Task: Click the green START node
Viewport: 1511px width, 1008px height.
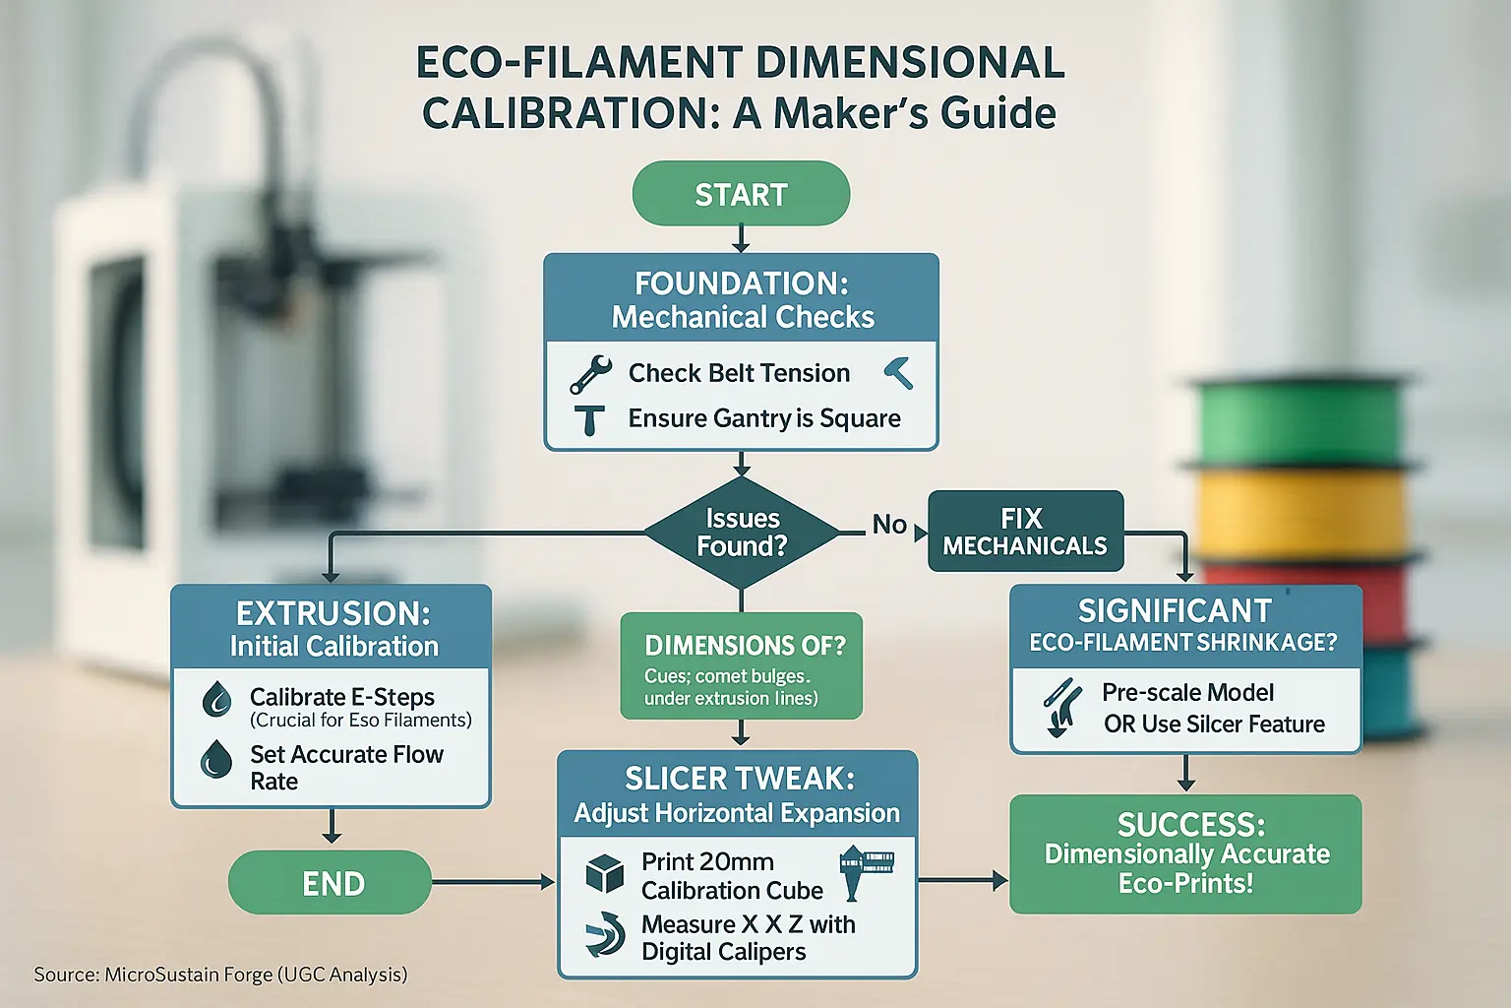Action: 741,194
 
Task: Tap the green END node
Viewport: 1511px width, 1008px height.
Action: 331,883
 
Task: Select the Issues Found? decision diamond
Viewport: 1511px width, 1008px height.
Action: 742,533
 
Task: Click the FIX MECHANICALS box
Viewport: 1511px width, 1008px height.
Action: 1025,532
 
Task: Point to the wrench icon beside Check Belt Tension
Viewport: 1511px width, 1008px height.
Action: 590,375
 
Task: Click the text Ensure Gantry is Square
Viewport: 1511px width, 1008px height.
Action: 764,418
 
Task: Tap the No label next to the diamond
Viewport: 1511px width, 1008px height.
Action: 888,525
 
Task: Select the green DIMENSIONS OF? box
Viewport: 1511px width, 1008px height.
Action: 741,665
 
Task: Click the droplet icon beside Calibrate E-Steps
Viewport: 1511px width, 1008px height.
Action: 216,700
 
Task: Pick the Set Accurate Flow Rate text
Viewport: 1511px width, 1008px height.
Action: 345,767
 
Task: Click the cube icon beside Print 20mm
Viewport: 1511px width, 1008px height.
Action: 604,873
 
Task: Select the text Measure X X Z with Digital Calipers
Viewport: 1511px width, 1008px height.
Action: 747,938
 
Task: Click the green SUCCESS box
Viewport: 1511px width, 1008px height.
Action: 1185,853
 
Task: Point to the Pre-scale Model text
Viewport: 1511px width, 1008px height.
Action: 1187,692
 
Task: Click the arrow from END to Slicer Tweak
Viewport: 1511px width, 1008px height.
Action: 493,882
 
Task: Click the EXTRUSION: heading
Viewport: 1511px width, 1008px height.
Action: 332,613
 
